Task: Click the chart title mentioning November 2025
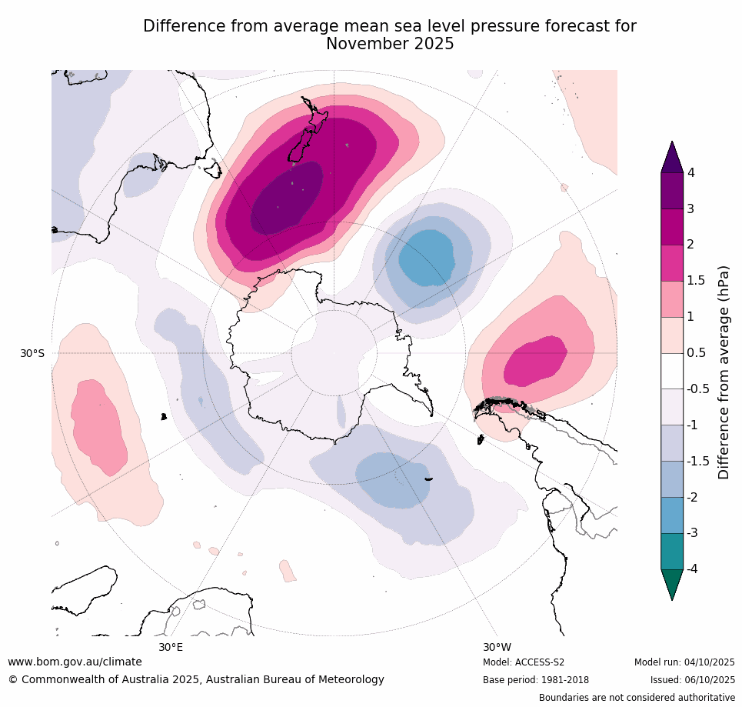click(x=390, y=35)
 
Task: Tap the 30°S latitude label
click(x=32, y=353)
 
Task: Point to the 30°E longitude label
click(x=171, y=647)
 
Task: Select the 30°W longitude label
click(x=497, y=647)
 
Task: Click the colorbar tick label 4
click(x=690, y=172)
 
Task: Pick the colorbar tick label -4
click(x=693, y=569)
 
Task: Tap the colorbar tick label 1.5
click(x=696, y=281)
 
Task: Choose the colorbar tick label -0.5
click(x=698, y=389)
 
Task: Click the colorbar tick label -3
click(x=693, y=533)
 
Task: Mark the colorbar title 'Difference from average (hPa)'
click(x=724, y=372)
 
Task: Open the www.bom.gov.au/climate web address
click(x=75, y=662)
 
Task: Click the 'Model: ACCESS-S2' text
click(x=524, y=662)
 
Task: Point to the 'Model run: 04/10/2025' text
click(x=684, y=662)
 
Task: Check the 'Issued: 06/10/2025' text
click(x=692, y=680)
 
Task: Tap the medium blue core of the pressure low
click(x=435, y=257)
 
